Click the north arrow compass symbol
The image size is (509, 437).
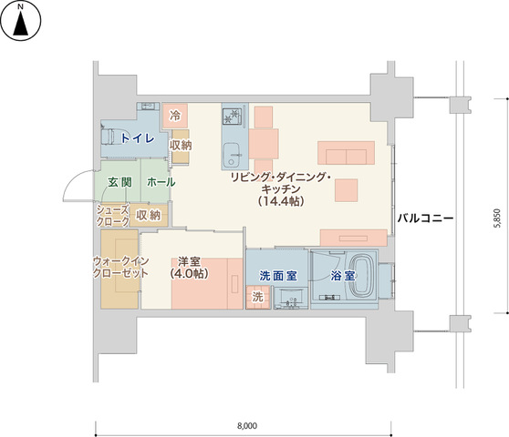(20, 20)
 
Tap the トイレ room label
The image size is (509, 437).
(138, 138)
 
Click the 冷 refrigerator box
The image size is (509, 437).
(175, 116)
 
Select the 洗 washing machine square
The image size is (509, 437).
(258, 297)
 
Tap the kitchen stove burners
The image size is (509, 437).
(233, 117)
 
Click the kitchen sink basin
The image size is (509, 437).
(232, 154)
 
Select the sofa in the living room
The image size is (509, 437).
(346, 153)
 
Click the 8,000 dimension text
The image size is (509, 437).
(247, 425)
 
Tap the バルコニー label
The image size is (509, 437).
(425, 218)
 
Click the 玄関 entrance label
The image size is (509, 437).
(119, 182)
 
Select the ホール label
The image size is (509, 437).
(161, 182)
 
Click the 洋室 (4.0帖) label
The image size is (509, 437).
(190, 268)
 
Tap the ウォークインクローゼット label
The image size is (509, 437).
(120, 268)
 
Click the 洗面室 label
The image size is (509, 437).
(278, 276)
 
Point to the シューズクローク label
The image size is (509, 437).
(113, 216)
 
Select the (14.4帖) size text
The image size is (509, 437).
(282, 201)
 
